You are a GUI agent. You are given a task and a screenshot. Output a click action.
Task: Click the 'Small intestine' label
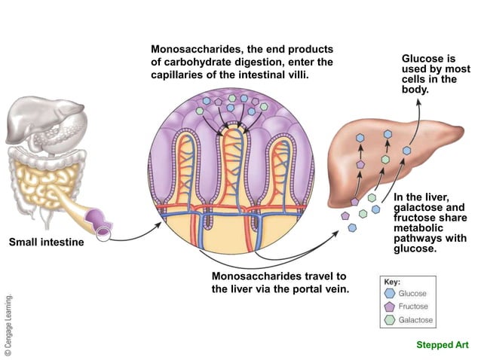(x=47, y=243)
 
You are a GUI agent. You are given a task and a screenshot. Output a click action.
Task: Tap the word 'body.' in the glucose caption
(x=416, y=90)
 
